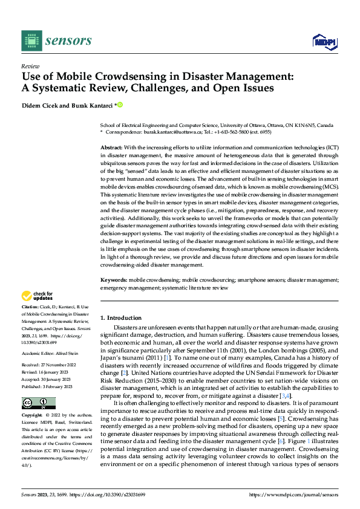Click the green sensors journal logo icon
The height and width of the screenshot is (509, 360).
point(30,41)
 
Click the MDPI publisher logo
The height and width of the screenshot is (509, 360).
point(324,41)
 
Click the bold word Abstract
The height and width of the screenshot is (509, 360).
point(111,148)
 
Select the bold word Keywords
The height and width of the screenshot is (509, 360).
point(113,280)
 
